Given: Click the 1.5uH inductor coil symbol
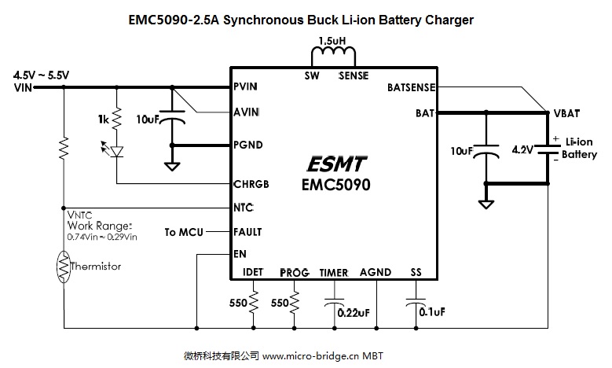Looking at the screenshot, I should pos(334,57).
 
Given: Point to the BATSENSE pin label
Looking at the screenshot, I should pos(412,87).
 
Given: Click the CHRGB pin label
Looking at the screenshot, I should pos(251,184).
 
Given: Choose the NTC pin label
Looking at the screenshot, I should pos(243,208).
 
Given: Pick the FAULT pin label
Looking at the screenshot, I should pos(247,232).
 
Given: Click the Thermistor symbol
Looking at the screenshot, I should pos(62,267).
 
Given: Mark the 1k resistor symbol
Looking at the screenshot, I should pos(116,120).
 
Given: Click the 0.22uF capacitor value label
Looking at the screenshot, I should pos(353,312).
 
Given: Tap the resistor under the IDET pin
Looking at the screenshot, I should pos(254,303).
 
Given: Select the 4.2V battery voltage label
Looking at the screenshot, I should pos(522,149).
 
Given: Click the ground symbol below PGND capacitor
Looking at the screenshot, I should pos(170,165).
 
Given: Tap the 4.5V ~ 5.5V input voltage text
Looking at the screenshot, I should pos(42,75).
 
